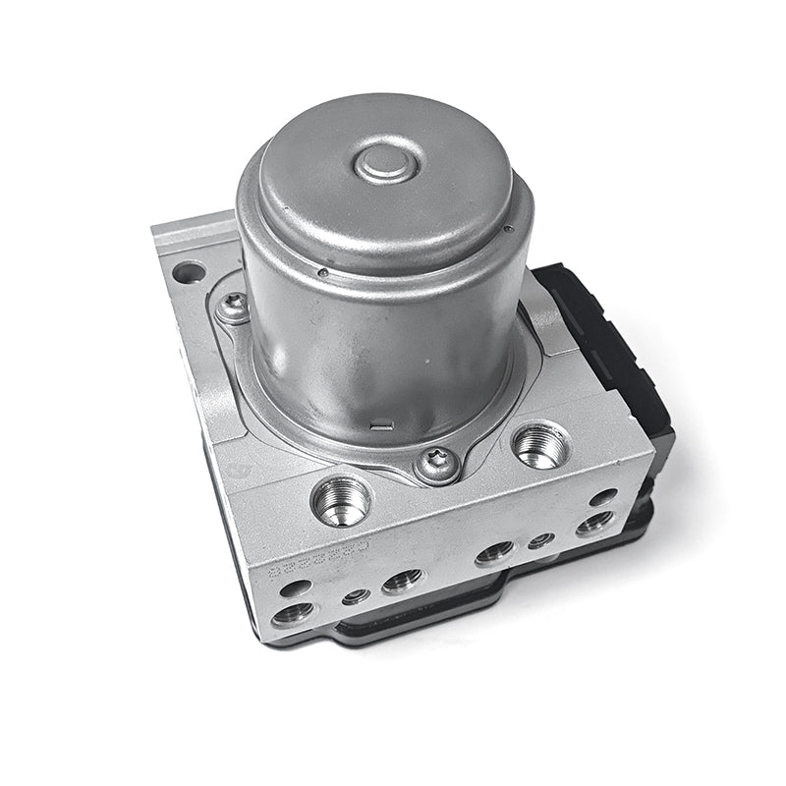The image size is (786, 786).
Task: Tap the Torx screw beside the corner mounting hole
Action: (233, 307)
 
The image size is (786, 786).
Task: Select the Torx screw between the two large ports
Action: (435, 465)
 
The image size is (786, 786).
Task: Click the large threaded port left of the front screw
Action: (341, 501)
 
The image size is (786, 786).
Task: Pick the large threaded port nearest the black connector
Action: (539, 445)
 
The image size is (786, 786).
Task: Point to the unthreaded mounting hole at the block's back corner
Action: (189, 272)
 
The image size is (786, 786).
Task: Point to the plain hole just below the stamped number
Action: (295, 589)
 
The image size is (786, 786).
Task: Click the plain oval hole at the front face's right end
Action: (603, 497)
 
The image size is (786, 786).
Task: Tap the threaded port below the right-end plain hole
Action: (594, 523)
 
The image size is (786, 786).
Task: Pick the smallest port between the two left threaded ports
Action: (356, 595)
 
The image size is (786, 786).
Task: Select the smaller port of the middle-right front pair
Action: (539, 540)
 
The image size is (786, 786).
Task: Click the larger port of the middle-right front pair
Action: (494, 553)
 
